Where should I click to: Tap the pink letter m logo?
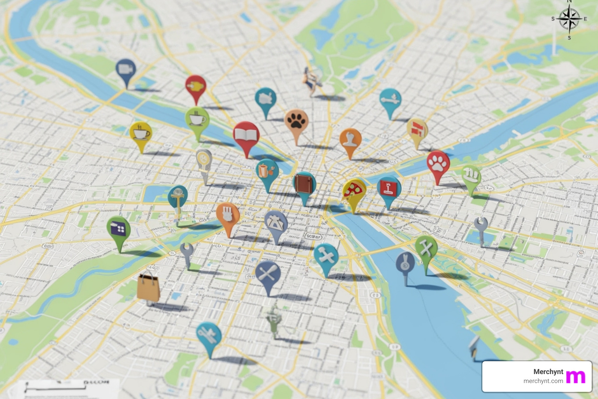tap(575, 377)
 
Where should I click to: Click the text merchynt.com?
tap(543, 381)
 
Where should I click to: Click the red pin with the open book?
tap(246, 135)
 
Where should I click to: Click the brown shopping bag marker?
tap(149, 286)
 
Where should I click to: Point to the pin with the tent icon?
tap(276, 223)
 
